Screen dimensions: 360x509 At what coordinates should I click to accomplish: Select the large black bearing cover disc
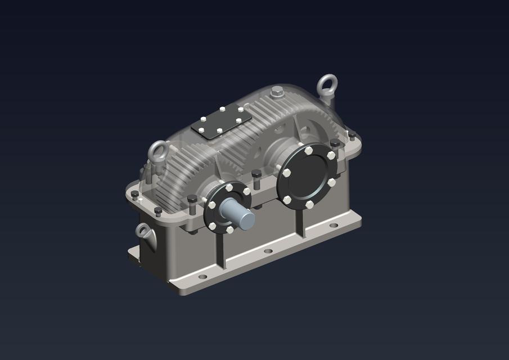point(308,175)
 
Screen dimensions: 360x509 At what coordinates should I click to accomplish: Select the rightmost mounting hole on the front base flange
point(334,226)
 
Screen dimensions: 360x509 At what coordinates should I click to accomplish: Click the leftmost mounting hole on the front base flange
point(202,277)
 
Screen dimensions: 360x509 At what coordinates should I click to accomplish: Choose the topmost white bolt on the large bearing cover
point(309,151)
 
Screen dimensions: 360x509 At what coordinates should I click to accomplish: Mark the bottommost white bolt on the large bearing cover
point(309,205)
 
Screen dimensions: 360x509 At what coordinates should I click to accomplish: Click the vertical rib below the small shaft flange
point(220,250)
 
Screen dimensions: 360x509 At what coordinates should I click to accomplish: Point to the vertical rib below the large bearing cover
point(301,223)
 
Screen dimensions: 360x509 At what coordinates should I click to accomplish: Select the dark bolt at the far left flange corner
point(135,195)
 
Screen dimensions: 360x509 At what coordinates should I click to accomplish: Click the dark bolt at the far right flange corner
point(352,135)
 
